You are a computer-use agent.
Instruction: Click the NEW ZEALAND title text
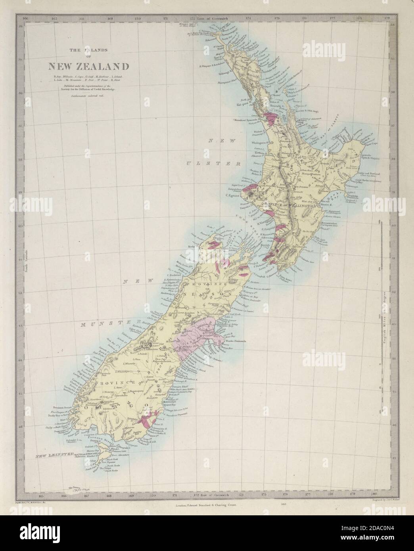pyautogui.click(x=83, y=66)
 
